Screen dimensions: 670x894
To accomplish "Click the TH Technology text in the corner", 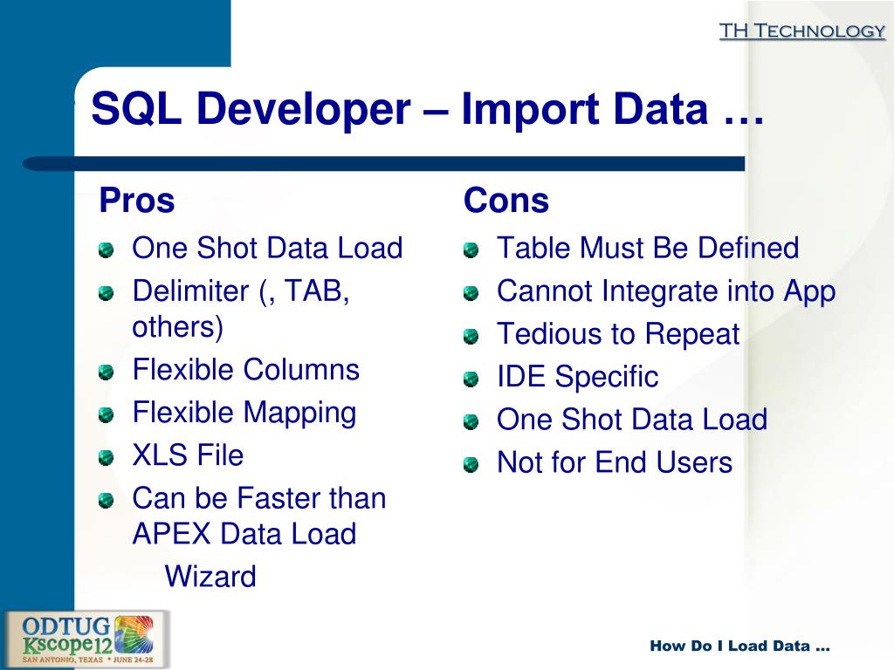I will click(x=801, y=31).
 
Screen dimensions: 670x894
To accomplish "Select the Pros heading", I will click(x=137, y=201).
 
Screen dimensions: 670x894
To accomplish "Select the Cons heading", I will click(x=506, y=201).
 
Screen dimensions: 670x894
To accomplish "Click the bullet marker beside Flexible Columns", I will click(x=106, y=373).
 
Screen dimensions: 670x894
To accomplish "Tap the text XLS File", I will click(x=188, y=455).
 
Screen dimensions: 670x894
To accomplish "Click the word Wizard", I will click(x=210, y=576).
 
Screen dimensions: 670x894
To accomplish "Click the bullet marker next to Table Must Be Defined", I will click(x=471, y=250).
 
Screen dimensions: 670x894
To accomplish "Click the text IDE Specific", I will click(x=577, y=377).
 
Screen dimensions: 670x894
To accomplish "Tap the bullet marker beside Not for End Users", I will click(x=471, y=465).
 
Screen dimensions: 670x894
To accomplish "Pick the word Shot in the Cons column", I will click(x=591, y=420).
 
